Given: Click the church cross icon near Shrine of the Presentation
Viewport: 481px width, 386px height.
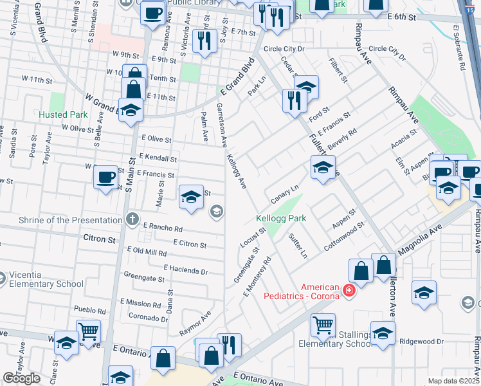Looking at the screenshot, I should (132, 220).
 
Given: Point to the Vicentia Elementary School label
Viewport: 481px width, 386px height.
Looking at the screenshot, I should (42, 279).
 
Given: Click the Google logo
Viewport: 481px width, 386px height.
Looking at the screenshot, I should (21, 378).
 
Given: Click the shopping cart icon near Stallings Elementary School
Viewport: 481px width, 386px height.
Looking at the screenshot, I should (323, 324).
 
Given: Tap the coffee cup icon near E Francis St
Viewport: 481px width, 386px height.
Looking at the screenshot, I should (106, 177).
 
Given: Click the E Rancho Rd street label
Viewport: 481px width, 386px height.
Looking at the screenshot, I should (163, 228).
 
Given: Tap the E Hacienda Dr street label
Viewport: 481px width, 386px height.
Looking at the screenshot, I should (185, 270).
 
